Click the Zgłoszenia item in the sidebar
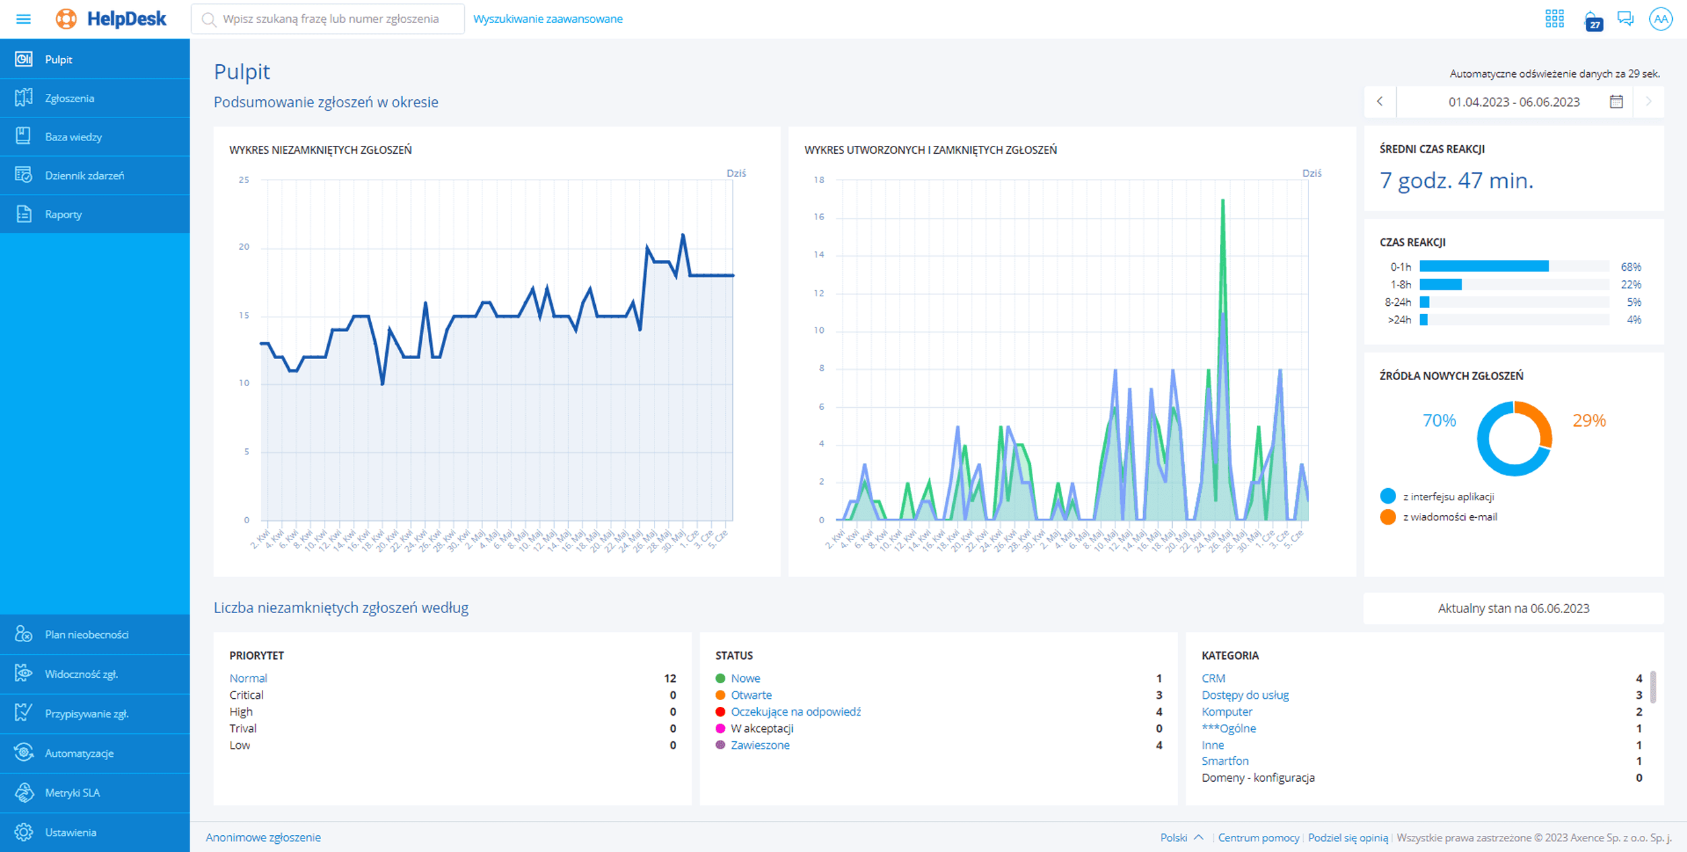(69, 99)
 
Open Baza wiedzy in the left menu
(73, 137)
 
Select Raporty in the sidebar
(63, 215)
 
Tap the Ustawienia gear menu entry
(70, 832)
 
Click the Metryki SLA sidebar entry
(72, 793)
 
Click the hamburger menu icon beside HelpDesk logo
(24, 19)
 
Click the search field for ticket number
(330, 19)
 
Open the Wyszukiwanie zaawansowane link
(547, 19)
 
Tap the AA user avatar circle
(1660, 19)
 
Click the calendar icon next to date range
(1616, 102)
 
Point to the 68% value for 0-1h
(1630, 267)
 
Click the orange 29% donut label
(1588, 421)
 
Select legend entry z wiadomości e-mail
(1449, 517)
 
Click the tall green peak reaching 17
(1223, 201)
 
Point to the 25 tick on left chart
(244, 180)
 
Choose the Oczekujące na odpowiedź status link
(796, 712)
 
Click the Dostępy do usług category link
(1244, 695)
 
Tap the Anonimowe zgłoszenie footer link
(263, 837)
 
